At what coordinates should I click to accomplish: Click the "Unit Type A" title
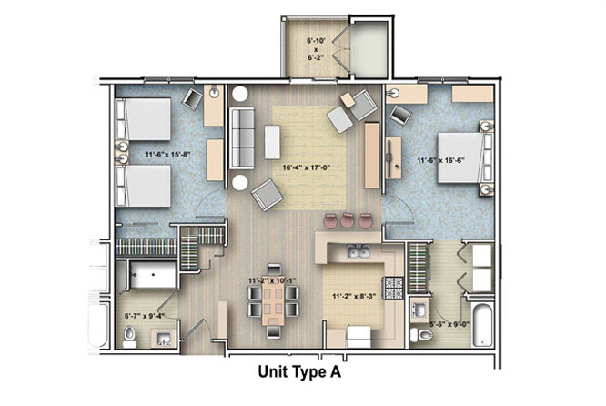click(x=299, y=372)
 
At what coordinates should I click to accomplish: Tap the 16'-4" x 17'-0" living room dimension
click(x=308, y=167)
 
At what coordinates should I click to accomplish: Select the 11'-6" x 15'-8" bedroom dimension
click(x=168, y=154)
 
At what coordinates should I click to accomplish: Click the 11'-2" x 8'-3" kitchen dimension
click(x=355, y=297)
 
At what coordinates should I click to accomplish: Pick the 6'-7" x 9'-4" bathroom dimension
click(x=145, y=316)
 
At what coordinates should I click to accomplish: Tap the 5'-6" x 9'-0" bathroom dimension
click(x=449, y=324)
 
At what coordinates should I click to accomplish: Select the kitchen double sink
click(x=359, y=252)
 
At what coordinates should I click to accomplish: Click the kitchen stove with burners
click(x=393, y=289)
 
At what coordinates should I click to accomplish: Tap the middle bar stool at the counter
click(x=348, y=220)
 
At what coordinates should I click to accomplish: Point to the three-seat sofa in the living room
click(x=242, y=138)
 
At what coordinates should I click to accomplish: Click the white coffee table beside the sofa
click(x=272, y=141)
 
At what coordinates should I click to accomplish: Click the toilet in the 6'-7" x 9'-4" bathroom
click(x=129, y=337)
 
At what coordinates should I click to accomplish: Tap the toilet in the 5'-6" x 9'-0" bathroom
click(x=421, y=334)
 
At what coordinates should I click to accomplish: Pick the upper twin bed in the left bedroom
click(x=144, y=119)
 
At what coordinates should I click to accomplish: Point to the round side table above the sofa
click(x=240, y=94)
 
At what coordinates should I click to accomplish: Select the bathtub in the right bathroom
click(x=483, y=325)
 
